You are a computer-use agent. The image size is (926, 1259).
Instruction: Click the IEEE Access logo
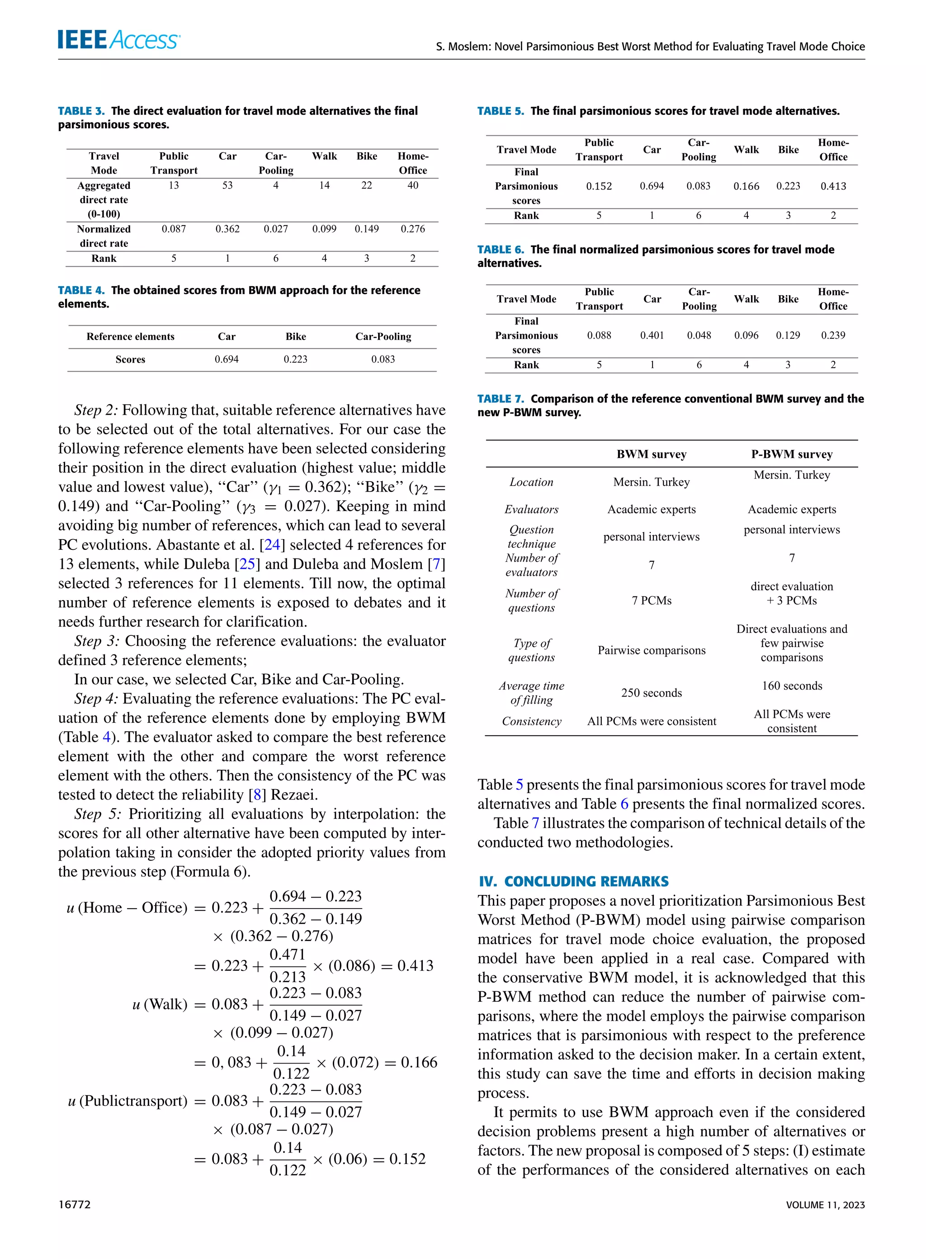pos(119,40)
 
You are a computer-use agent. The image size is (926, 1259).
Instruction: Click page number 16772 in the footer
pos(74,1204)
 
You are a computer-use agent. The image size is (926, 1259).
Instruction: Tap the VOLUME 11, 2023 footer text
pos(825,1204)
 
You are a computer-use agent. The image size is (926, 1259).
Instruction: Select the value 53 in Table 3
pos(227,185)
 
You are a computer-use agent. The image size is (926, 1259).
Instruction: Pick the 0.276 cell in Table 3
pos(412,229)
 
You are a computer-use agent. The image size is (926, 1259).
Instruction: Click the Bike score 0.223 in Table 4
pos(295,360)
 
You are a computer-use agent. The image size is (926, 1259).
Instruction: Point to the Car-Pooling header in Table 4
pos(383,336)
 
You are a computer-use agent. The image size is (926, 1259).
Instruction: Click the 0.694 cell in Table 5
pos(652,186)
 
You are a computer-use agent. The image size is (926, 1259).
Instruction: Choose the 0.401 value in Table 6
pos(652,335)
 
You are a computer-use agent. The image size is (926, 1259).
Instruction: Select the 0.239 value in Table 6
pos(832,335)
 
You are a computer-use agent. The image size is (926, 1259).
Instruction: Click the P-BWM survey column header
pos(791,454)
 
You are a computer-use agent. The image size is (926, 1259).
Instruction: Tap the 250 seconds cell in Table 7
pos(652,693)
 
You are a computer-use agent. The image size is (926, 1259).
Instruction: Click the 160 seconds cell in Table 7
pos(791,686)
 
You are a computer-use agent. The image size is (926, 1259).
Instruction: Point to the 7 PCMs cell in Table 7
pos(652,601)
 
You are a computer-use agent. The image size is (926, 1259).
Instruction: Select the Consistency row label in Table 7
pos(531,721)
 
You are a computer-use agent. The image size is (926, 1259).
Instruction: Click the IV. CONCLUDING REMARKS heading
pos(573,881)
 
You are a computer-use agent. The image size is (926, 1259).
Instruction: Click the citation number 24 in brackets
pos(272,545)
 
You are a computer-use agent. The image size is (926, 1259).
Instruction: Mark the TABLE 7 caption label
pos(501,398)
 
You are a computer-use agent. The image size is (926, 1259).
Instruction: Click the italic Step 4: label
pos(96,698)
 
